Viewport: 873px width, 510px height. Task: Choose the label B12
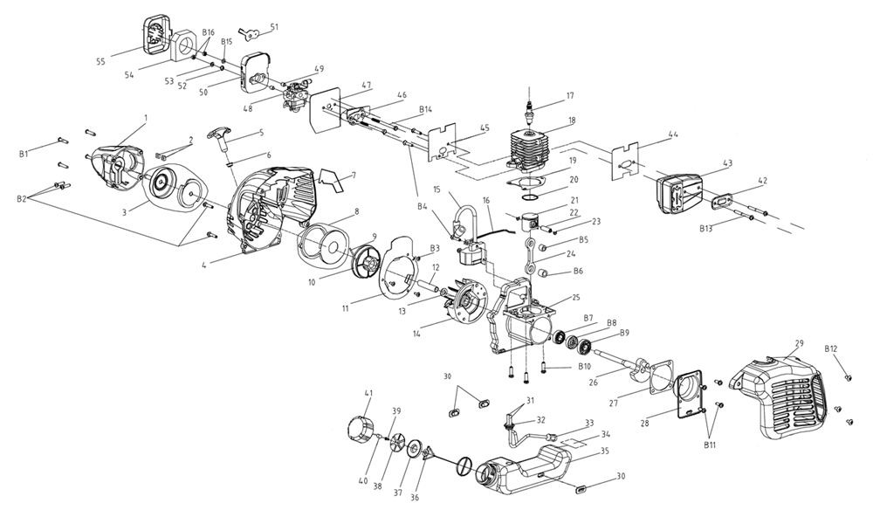coord(831,349)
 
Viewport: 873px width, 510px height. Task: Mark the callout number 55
coord(101,62)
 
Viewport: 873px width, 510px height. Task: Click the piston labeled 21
coord(532,223)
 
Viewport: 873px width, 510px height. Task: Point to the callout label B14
coord(426,110)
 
